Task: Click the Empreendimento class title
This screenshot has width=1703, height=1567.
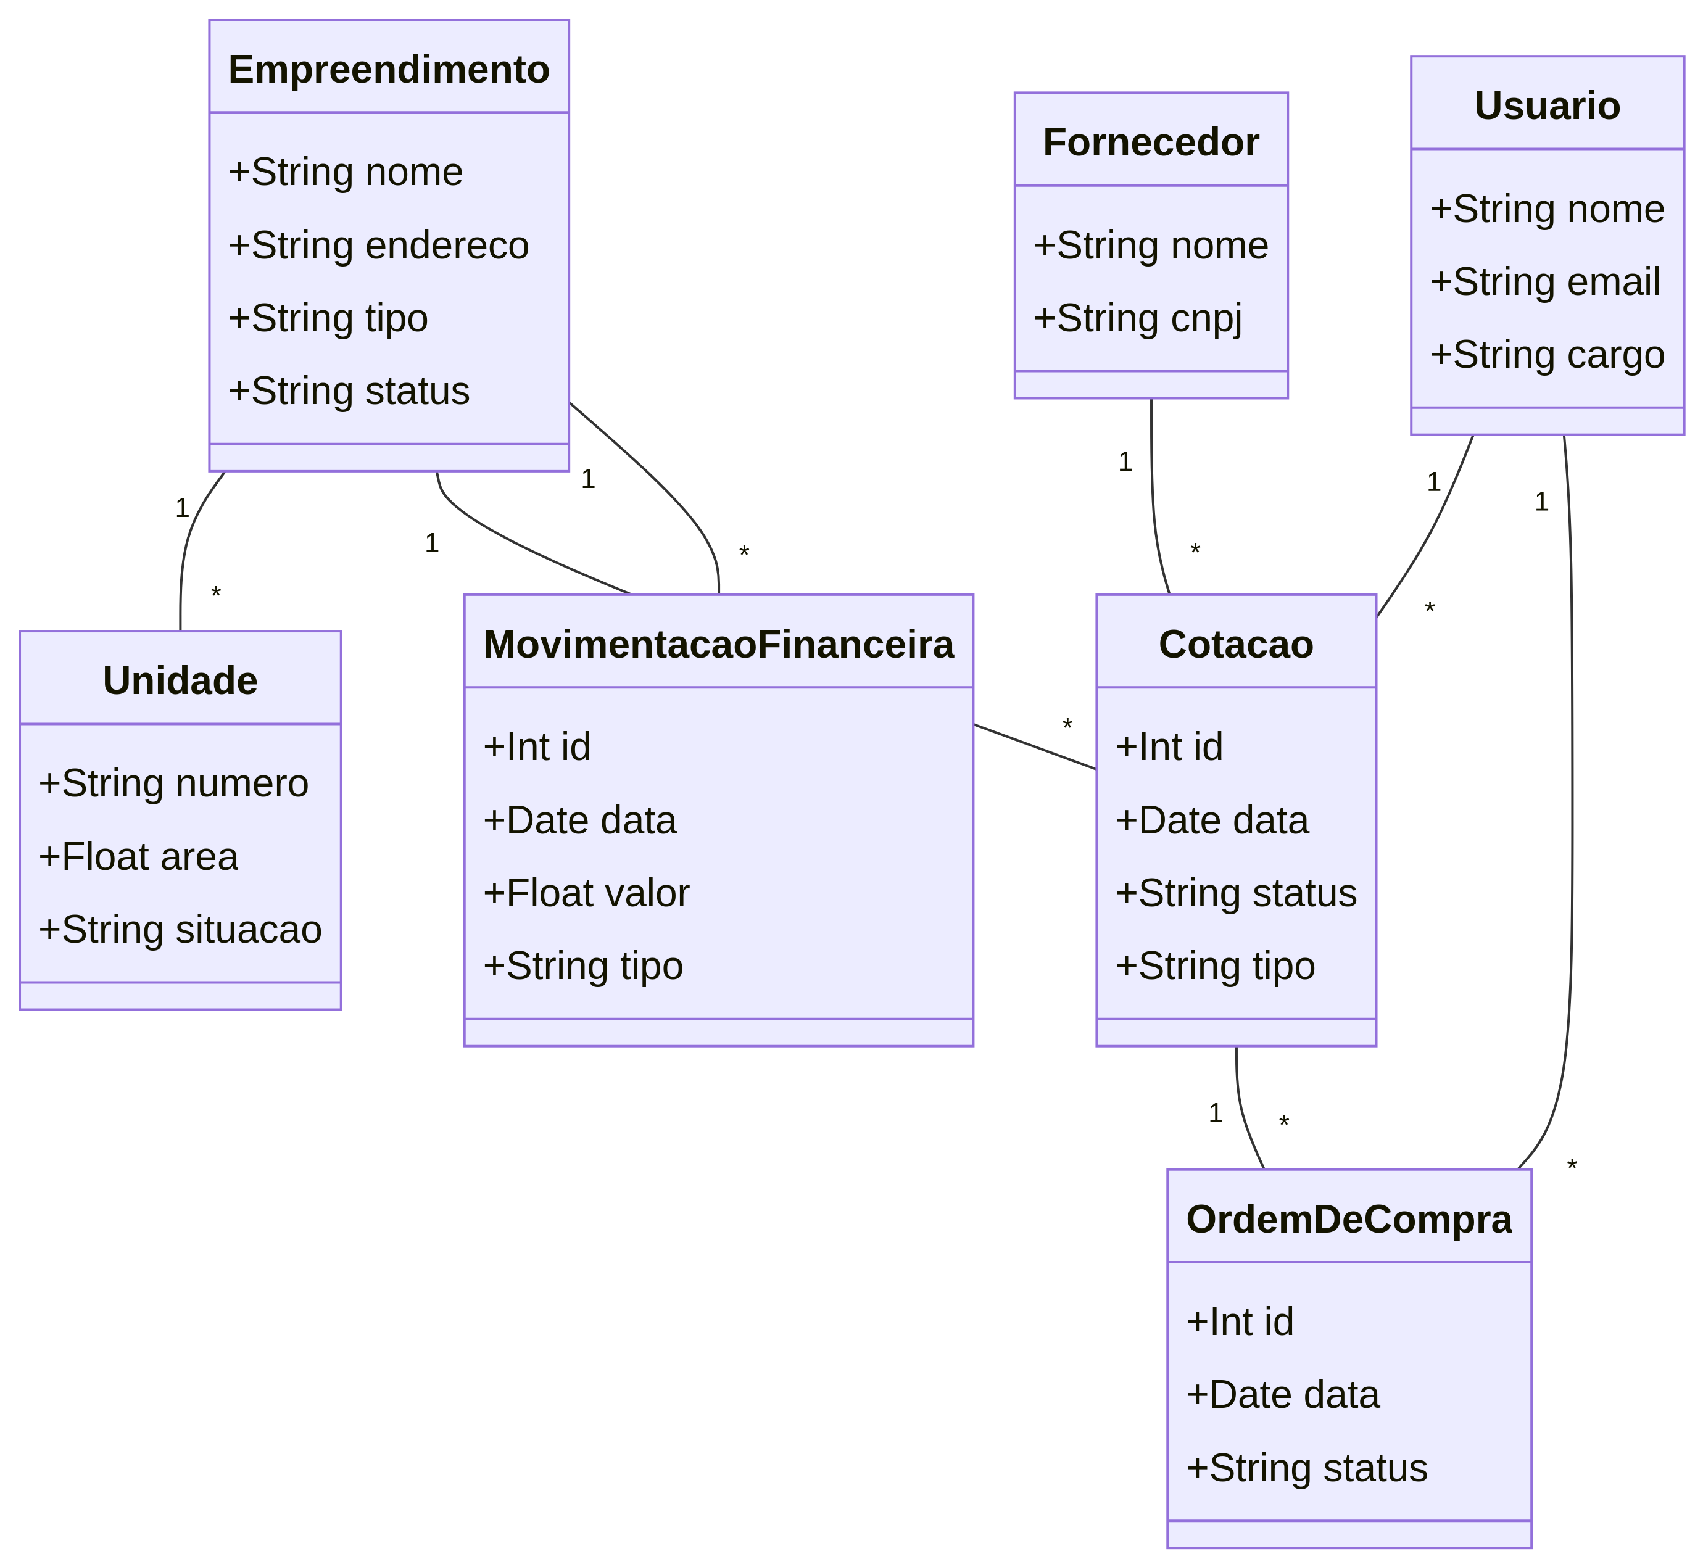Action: (389, 70)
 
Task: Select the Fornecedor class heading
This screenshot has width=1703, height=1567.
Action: (1150, 143)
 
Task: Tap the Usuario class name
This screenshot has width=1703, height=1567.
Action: (1546, 106)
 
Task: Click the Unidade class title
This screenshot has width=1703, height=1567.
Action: (180, 681)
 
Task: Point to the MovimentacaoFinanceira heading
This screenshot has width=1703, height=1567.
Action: (718, 645)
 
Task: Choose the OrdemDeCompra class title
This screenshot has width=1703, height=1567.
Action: (1348, 1219)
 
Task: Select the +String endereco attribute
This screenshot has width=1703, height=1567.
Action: (378, 245)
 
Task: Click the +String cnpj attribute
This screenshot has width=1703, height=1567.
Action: (1137, 318)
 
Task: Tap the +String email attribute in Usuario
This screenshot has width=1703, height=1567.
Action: (1544, 283)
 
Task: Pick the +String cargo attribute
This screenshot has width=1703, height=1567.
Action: (1546, 355)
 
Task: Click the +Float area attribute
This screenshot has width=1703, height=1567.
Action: (138, 856)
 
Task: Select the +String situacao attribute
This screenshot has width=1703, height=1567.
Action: (180, 929)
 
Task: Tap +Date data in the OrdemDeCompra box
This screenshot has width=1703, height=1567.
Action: (1282, 1395)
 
